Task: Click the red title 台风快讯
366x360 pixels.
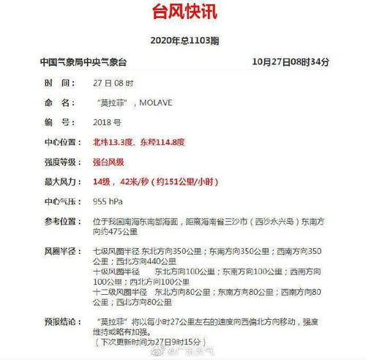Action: point(182,13)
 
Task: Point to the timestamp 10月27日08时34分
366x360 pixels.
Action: point(290,62)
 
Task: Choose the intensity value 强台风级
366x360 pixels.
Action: point(108,161)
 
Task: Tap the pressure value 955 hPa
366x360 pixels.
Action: point(108,201)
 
